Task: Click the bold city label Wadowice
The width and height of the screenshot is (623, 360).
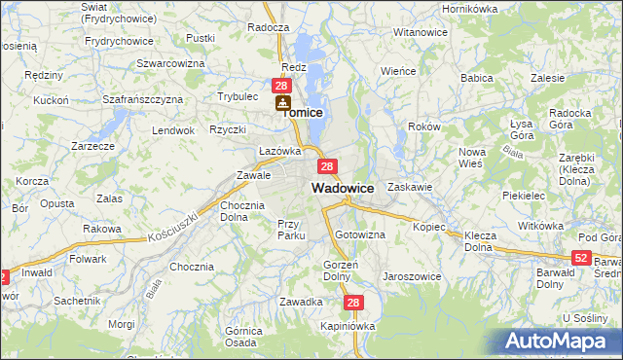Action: [343, 188]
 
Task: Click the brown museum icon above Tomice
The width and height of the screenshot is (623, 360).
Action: [282, 101]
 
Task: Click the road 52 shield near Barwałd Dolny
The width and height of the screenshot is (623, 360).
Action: [581, 258]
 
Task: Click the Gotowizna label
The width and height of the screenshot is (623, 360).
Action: [360, 235]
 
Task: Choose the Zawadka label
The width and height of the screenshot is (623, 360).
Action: [301, 302]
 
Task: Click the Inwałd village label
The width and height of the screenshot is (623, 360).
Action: [38, 272]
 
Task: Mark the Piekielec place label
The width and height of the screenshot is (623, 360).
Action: [523, 195]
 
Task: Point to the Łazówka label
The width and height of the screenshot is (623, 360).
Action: [279, 151]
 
